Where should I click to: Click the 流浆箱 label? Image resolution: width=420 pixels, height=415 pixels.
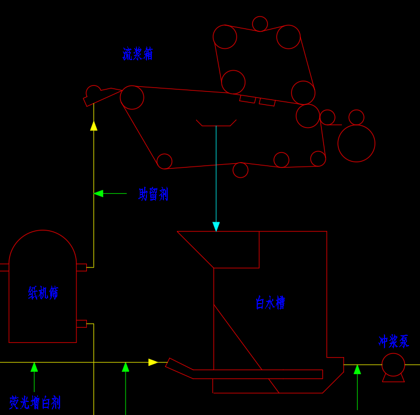coord(138,54)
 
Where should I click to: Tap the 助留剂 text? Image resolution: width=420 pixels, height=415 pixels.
coord(153,194)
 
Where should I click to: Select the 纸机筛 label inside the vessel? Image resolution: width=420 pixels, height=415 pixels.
coord(43,293)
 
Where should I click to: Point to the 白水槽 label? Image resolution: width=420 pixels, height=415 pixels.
coord(270,303)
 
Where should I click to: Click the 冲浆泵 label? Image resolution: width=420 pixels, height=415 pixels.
coord(394,342)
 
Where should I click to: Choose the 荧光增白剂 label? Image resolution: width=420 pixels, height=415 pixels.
coord(35,403)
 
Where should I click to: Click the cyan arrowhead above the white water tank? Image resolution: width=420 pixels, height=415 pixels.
coord(216,226)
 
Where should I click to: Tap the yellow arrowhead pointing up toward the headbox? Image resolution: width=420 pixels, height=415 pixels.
coord(94,126)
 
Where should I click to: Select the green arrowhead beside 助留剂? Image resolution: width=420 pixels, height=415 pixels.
coord(98,193)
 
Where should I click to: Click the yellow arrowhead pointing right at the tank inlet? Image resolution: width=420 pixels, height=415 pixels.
coord(153,362)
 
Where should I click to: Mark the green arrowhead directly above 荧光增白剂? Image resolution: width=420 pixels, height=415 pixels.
coord(34,367)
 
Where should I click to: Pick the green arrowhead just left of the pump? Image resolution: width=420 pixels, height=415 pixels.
coord(357,369)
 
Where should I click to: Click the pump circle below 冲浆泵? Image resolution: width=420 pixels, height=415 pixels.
coord(393,365)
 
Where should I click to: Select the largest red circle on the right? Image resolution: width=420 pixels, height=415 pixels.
coord(356,143)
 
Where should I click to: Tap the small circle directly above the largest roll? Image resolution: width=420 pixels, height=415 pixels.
coord(356,117)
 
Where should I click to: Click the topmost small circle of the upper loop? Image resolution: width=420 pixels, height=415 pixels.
coord(260,24)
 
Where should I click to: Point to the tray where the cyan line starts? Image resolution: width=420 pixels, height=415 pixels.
coord(216,123)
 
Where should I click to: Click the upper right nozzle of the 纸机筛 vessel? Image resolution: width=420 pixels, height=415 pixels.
coord(81,268)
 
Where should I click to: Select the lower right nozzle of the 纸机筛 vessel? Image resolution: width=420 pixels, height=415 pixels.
coord(81,324)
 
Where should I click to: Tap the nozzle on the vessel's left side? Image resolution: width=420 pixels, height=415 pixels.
coord(4,268)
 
